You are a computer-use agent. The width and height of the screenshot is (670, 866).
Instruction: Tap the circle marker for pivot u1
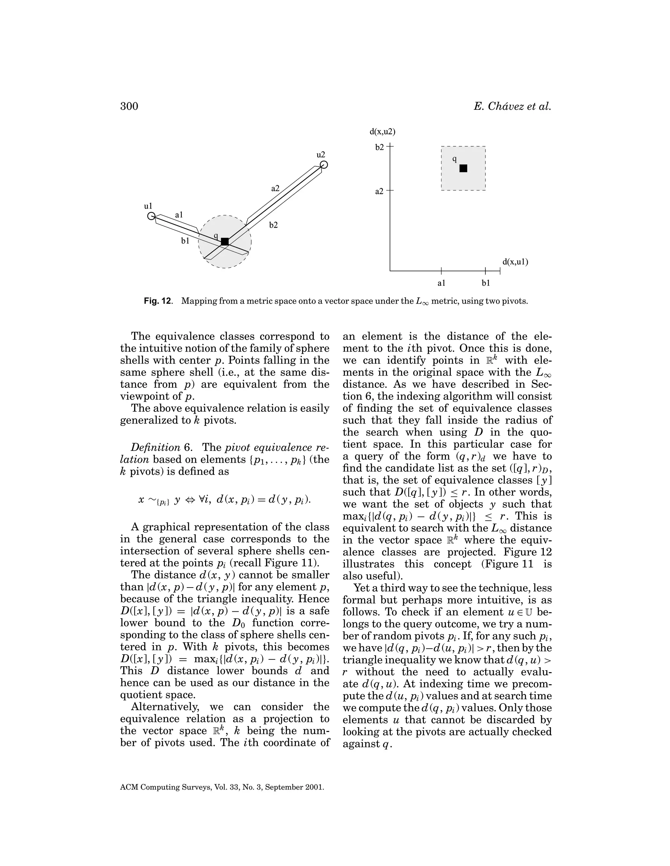151,216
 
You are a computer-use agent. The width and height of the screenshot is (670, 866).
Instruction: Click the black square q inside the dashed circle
225,241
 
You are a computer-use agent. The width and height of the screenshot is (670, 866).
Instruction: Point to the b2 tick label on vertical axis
379,147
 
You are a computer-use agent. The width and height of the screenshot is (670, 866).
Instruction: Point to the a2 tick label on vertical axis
379,192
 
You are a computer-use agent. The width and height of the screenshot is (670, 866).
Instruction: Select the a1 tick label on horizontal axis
441,283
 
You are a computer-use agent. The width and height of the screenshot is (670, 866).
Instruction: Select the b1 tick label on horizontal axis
486,283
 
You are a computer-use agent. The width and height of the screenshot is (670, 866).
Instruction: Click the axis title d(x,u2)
382,132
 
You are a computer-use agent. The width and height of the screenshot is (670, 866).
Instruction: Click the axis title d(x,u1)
515,262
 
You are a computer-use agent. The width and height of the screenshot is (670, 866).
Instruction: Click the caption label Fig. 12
158,301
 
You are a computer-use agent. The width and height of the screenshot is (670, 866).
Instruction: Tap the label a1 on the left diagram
179,214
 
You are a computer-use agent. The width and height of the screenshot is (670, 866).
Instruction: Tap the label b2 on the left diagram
273,225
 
